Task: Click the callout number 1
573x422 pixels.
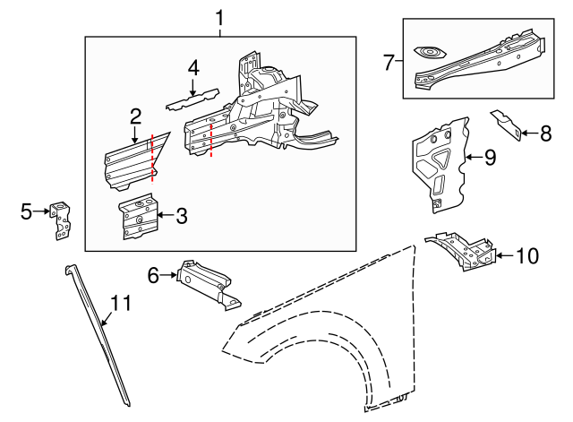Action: [219, 18]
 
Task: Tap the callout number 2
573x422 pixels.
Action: [135, 116]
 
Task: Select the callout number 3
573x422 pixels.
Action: [182, 215]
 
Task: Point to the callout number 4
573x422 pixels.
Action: [193, 68]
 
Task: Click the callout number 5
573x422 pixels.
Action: [26, 211]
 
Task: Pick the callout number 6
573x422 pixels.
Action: [153, 275]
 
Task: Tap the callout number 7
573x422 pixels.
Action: [388, 62]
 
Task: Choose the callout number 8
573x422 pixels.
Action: [545, 133]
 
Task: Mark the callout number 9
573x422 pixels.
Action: [490, 158]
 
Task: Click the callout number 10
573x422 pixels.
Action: [527, 255]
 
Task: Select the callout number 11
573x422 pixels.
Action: [121, 303]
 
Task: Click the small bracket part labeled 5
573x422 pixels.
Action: [61, 220]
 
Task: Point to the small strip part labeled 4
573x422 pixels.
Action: [192, 99]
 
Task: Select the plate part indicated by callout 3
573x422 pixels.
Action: [139, 217]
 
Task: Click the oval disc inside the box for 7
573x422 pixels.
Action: [430, 53]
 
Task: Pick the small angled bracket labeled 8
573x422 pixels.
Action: [506, 125]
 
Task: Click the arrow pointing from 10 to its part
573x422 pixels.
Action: [505, 255]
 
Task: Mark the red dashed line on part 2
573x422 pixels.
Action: [152, 158]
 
